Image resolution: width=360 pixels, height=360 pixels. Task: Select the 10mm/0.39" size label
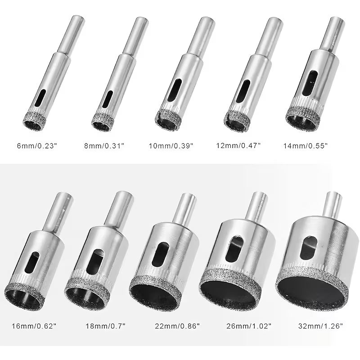pyautogui.click(x=171, y=145)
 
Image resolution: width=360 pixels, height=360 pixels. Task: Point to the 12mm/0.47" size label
pyautogui.click(x=238, y=145)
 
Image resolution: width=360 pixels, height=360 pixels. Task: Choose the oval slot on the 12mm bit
pyautogui.click(x=247, y=88)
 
